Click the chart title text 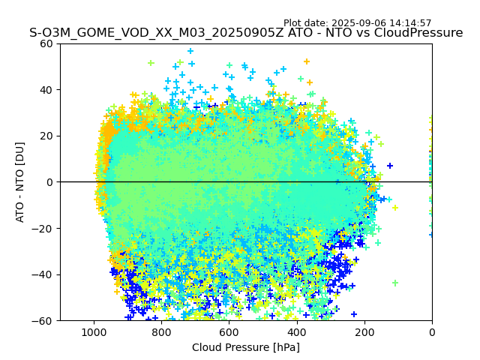coord(246,33)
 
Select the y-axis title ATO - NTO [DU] coord(20,182)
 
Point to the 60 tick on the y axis coord(46,43)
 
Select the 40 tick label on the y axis coord(46,90)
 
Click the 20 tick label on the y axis coord(46,136)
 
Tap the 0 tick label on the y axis coord(49,182)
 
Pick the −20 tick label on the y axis coord(43,229)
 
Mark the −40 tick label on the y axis coord(43,274)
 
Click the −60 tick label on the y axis coord(43,321)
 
